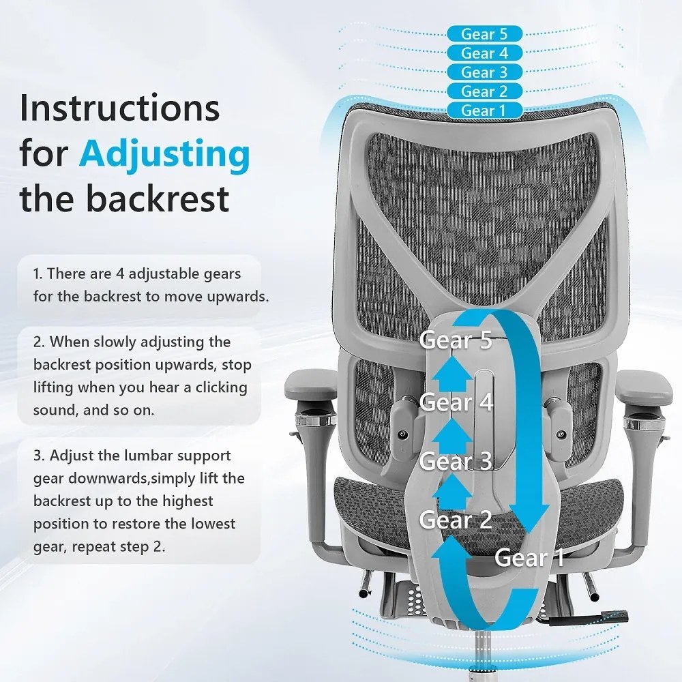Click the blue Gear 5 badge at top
(x=484, y=33)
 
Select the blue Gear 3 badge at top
(x=484, y=72)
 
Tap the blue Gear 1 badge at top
(x=484, y=110)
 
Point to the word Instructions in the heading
(x=119, y=108)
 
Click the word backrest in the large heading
(x=157, y=198)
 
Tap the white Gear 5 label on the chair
(x=456, y=340)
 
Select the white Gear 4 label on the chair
(x=456, y=402)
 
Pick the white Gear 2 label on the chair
(x=456, y=519)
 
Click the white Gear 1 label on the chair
(x=529, y=557)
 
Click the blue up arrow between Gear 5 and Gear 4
(x=452, y=373)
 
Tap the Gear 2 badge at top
(x=484, y=91)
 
